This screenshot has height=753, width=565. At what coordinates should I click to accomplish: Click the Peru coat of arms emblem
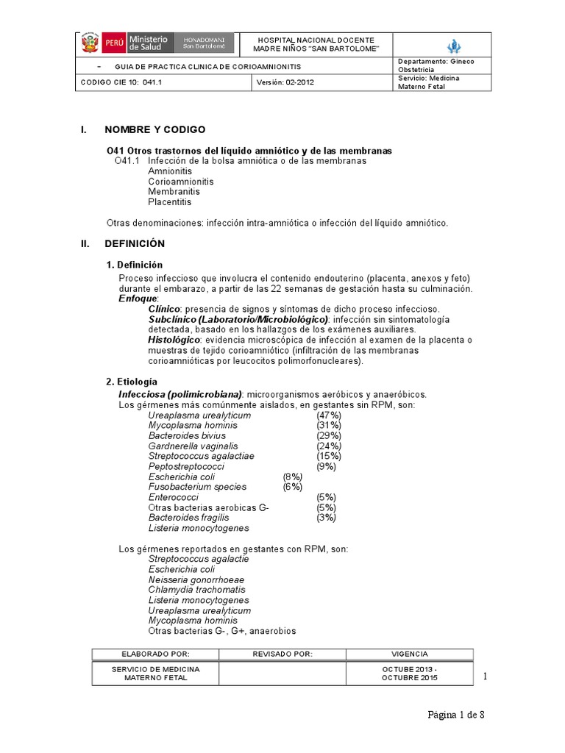(x=90, y=43)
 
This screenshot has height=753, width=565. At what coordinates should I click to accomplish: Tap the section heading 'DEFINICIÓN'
(x=135, y=243)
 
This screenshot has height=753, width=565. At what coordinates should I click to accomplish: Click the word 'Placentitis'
(x=169, y=201)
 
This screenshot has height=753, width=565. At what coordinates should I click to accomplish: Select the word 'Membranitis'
(x=174, y=191)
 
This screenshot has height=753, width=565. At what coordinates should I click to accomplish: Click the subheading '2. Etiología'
(x=132, y=382)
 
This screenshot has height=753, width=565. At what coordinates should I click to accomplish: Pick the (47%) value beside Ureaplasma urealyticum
(x=329, y=415)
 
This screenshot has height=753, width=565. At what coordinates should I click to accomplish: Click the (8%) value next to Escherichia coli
(x=293, y=477)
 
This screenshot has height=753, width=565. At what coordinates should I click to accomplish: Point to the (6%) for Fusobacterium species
(x=293, y=487)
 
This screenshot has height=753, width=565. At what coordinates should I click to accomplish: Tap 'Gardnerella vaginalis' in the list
(x=188, y=446)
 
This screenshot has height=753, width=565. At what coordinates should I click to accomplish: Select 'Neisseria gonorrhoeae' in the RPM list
(x=196, y=579)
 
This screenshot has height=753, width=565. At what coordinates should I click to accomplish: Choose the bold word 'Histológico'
(x=174, y=340)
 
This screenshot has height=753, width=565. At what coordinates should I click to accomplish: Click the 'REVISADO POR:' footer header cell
(x=282, y=653)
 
